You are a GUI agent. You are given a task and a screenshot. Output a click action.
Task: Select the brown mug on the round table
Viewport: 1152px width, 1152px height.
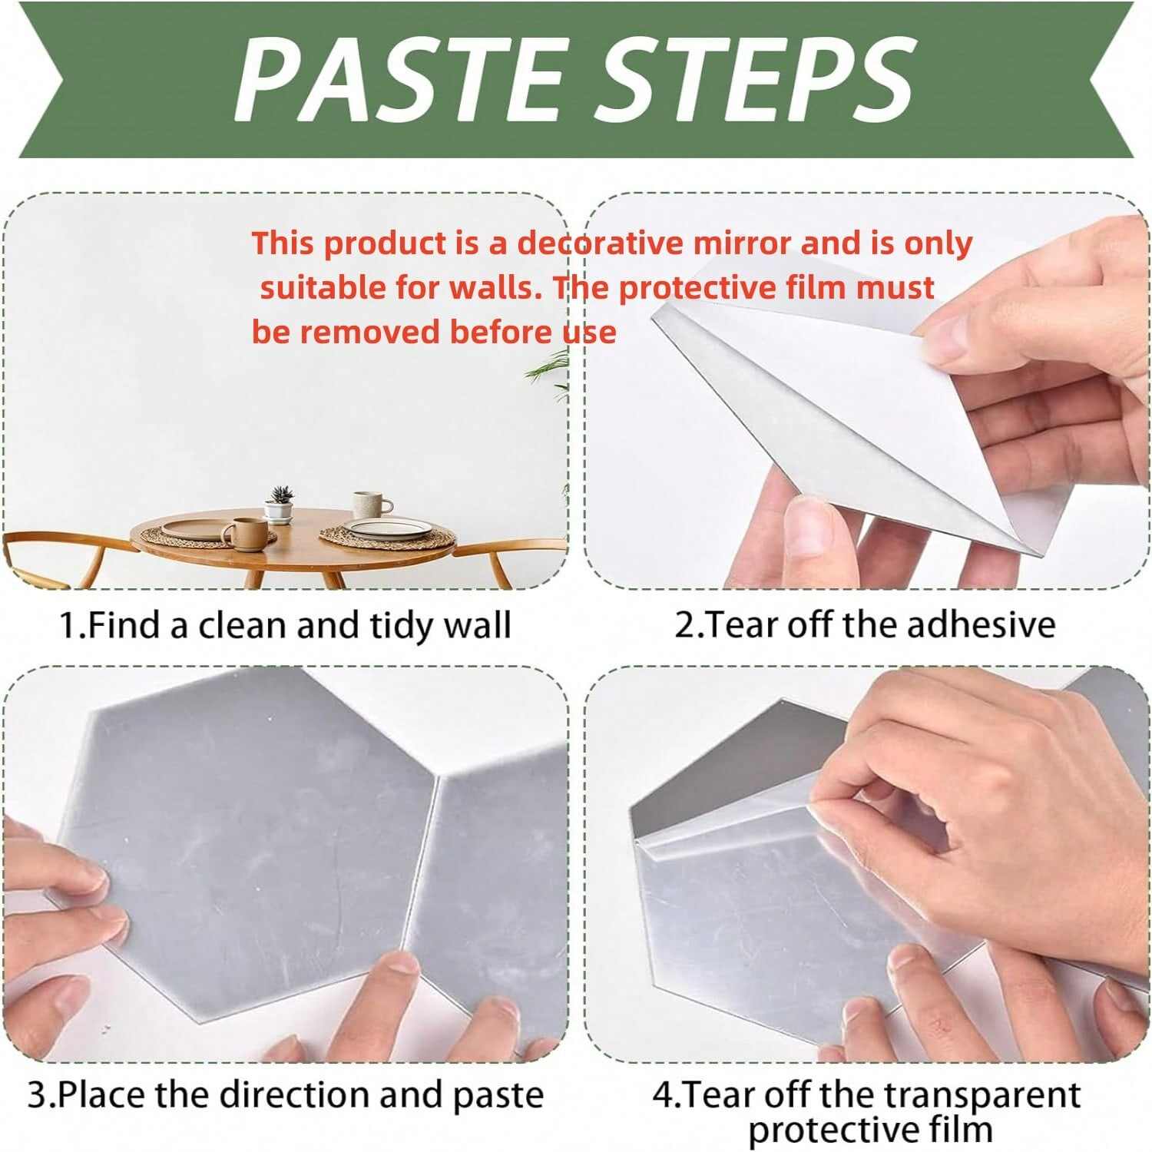click(x=243, y=533)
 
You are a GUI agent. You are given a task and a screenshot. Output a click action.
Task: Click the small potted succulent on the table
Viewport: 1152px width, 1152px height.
click(x=280, y=505)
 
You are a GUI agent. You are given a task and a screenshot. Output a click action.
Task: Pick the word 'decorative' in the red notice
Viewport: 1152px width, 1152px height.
click(x=600, y=243)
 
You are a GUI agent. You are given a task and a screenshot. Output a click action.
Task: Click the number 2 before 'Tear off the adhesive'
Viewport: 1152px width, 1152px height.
click(x=684, y=625)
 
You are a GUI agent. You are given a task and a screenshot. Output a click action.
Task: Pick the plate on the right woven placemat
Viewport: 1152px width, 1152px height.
click(x=387, y=528)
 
